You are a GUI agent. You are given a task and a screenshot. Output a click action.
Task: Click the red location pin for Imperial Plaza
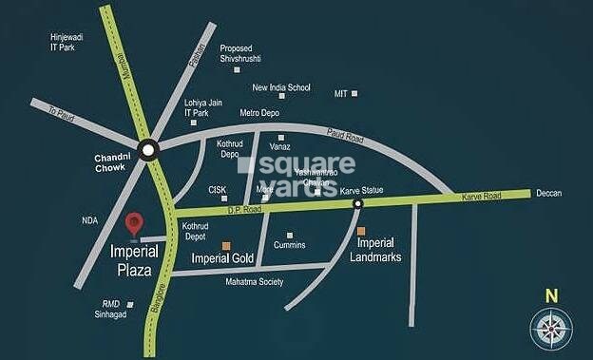pos(135,222)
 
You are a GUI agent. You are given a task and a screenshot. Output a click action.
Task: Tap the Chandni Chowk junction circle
pos(147,149)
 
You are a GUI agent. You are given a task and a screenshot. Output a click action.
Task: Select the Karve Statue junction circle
pos(358,203)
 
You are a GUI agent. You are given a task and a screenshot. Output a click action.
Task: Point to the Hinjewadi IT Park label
pos(68,42)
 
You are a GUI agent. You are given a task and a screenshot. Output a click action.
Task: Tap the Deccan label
pos(548,194)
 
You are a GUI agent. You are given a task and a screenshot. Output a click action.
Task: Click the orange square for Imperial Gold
pos(225,245)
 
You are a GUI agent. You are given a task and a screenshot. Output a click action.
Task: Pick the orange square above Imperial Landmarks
pos(360,230)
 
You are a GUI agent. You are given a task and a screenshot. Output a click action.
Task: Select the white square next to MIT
pos(354,93)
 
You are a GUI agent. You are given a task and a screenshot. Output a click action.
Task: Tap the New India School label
pos(281,88)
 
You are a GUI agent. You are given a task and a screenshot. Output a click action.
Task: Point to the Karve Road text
pos(480,196)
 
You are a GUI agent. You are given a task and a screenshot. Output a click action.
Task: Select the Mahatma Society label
pos(255,282)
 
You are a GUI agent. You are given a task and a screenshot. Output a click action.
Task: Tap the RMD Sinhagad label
pos(118,310)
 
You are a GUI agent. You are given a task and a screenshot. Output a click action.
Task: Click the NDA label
pos(90,220)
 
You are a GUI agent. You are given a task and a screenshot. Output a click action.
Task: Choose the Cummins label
pos(289,245)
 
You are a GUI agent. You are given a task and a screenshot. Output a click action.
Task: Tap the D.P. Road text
pos(242,209)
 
